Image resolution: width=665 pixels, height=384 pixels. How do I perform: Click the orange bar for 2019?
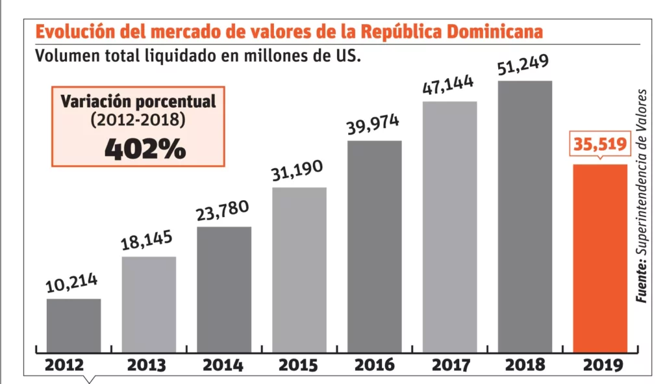pyautogui.click(x=600, y=258)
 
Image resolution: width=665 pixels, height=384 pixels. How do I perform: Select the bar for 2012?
pyautogui.click(x=73, y=325)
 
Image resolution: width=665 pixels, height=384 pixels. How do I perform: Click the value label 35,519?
pyautogui.click(x=600, y=144)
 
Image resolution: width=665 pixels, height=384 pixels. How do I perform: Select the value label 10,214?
pyautogui.click(x=71, y=283)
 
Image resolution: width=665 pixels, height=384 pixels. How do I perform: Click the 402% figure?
pyautogui.click(x=145, y=149)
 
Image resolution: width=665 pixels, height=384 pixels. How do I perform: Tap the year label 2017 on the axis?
pyautogui.click(x=449, y=365)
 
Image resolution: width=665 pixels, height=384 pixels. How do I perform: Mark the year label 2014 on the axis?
pyautogui.click(x=223, y=365)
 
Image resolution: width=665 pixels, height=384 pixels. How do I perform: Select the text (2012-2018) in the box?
pyautogui.click(x=138, y=120)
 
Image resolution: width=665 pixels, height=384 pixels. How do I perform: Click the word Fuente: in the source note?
pyautogui.click(x=642, y=280)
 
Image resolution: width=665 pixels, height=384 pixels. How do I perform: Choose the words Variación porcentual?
pyautogui.click(x=138, y=102)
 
